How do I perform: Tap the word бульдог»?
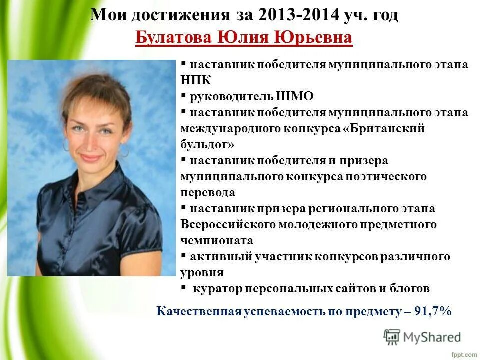point(207,144)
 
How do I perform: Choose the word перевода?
point(207,192)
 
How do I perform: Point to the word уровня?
point(202,272)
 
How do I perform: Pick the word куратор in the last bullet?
point(218,288)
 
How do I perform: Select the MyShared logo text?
point(431,337)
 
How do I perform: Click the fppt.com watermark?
point(463,354)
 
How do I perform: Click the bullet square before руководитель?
point(183,95)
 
